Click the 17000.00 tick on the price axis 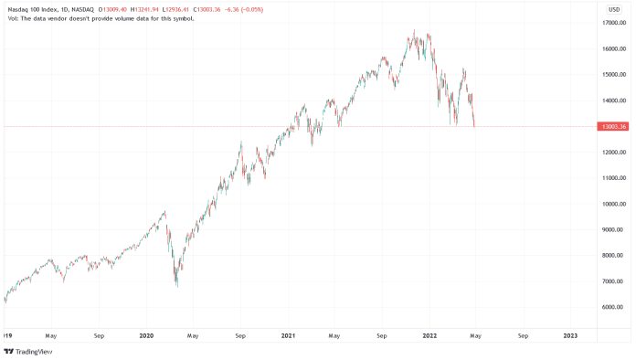point(612,24)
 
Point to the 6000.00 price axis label point(612,307)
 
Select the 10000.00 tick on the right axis point(612,204)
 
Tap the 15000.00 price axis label point(612,75)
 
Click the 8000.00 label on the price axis point(612,256)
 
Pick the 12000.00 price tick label point(612,153)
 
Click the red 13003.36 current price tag point(612,127)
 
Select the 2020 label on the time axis point(145,334)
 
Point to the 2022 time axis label point(429,334)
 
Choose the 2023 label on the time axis point(570,334)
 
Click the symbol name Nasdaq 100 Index point(29,9)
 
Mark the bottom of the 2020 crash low point(176,286)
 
